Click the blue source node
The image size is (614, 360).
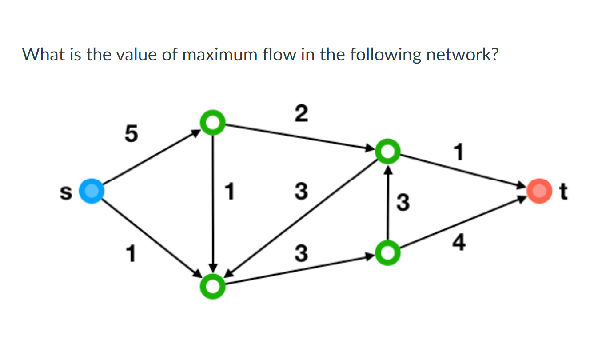pos(92,191)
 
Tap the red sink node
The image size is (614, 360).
pos(538,191)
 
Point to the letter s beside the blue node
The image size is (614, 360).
pos(65,192)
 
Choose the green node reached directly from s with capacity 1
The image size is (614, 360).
pos(213,286)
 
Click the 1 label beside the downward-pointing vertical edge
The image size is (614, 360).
pos(229,192)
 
